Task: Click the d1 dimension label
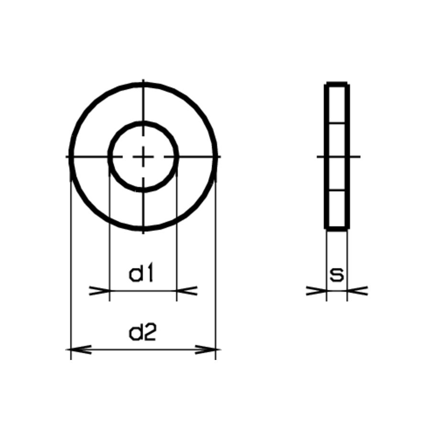(x=141, y=274)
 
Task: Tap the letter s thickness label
(x=337, y=275)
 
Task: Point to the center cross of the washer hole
(x=143, y=157)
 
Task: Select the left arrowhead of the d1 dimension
(x=99, y=291)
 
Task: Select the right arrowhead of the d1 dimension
(x=187, y=291)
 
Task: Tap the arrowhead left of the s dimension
(x=316, y=291)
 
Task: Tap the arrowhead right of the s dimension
(x=358, y=291)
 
